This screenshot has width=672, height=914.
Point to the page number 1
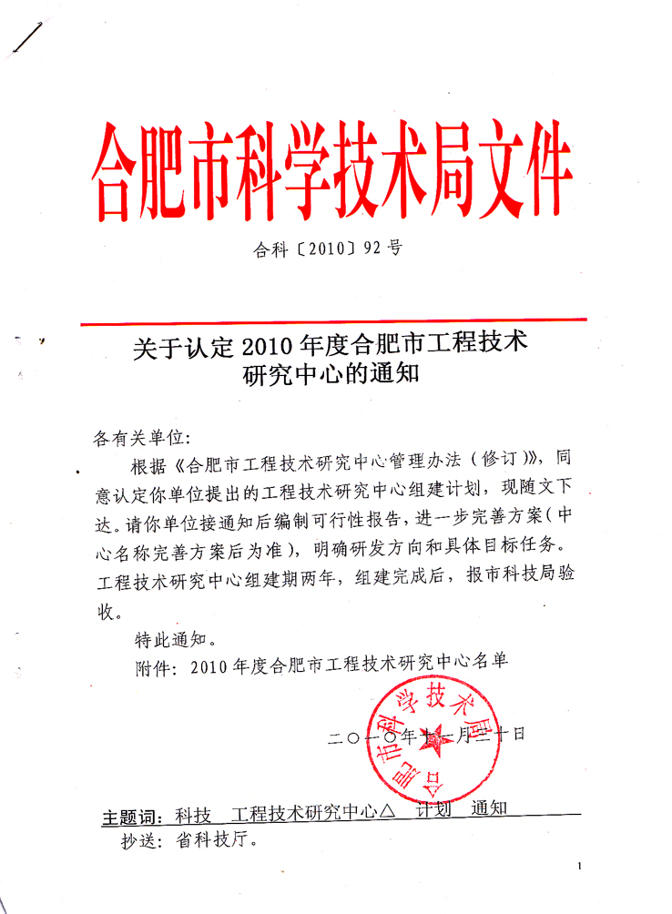(x=579, y=868)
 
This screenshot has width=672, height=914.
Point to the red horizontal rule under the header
(x=332, y=321)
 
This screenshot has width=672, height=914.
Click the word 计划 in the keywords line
(x=434, y=810)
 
